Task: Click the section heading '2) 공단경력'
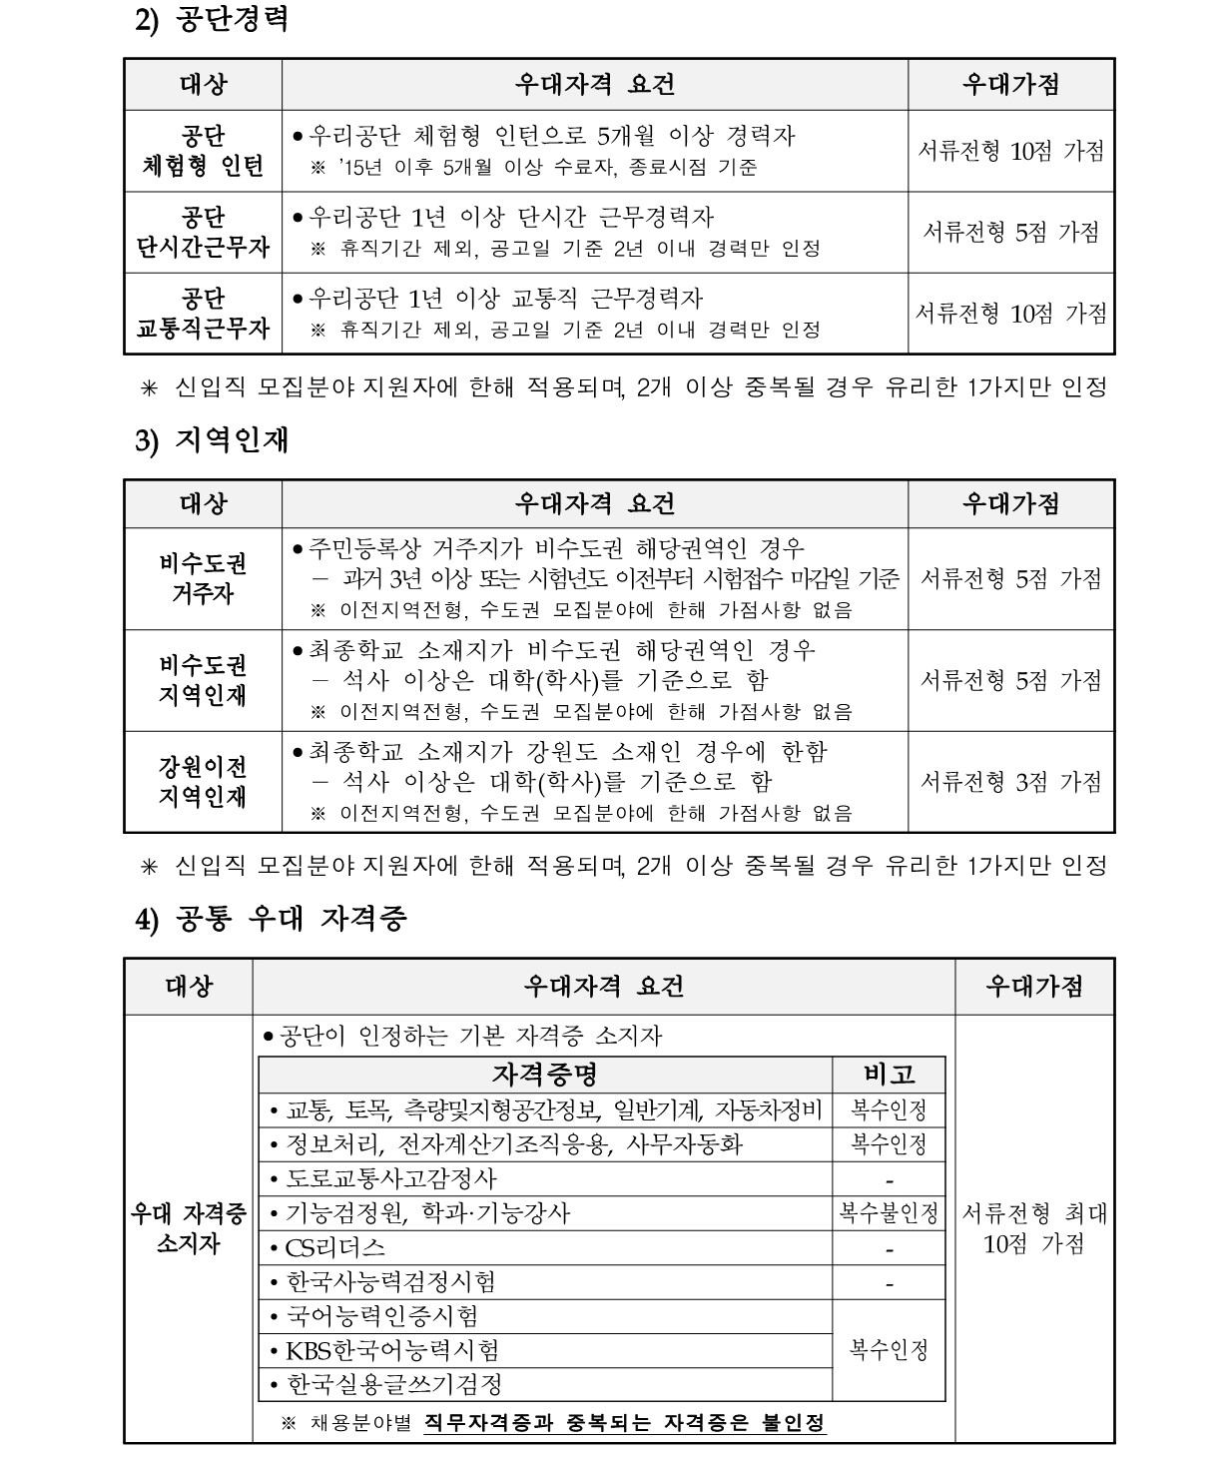coord(212,20)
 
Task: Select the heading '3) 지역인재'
coord(212,440)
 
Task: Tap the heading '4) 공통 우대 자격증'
coord(271,920)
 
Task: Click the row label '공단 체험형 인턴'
coord(203,151)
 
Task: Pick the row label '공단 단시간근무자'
coord(203,233)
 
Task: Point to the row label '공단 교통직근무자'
coord(203,314)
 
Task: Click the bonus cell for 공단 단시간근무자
coord(1010,233)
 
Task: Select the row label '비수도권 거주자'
coord(203,579)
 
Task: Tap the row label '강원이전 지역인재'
coord(203,782)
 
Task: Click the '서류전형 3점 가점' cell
coord(1010,782)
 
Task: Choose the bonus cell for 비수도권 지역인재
coord(1010,681)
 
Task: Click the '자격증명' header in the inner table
coord(544,1075)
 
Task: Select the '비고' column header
coord(889,1075)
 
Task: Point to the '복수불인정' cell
coord(889,1213)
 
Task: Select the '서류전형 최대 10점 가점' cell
coord(1034,1228)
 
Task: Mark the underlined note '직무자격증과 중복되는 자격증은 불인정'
coord(625,1422)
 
